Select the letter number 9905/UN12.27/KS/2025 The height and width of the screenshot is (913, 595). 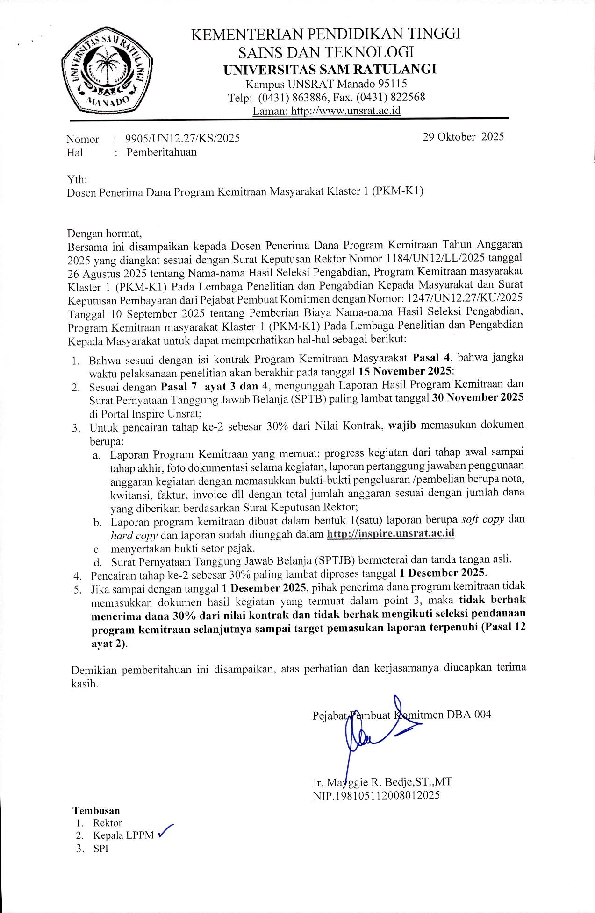pos(183,138)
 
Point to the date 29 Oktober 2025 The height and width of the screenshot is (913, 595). pos(463,137)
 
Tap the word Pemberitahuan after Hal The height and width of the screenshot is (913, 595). pos(161,152)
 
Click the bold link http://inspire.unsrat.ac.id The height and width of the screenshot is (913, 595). pos(390,533)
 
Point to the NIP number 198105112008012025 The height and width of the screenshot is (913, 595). pos(376,795)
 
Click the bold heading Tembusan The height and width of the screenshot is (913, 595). pos(96,810)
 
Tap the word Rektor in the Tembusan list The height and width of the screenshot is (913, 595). pos(108,823)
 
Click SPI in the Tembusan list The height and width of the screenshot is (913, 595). pos(100,849)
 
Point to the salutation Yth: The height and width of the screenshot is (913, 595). pos(77,179)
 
